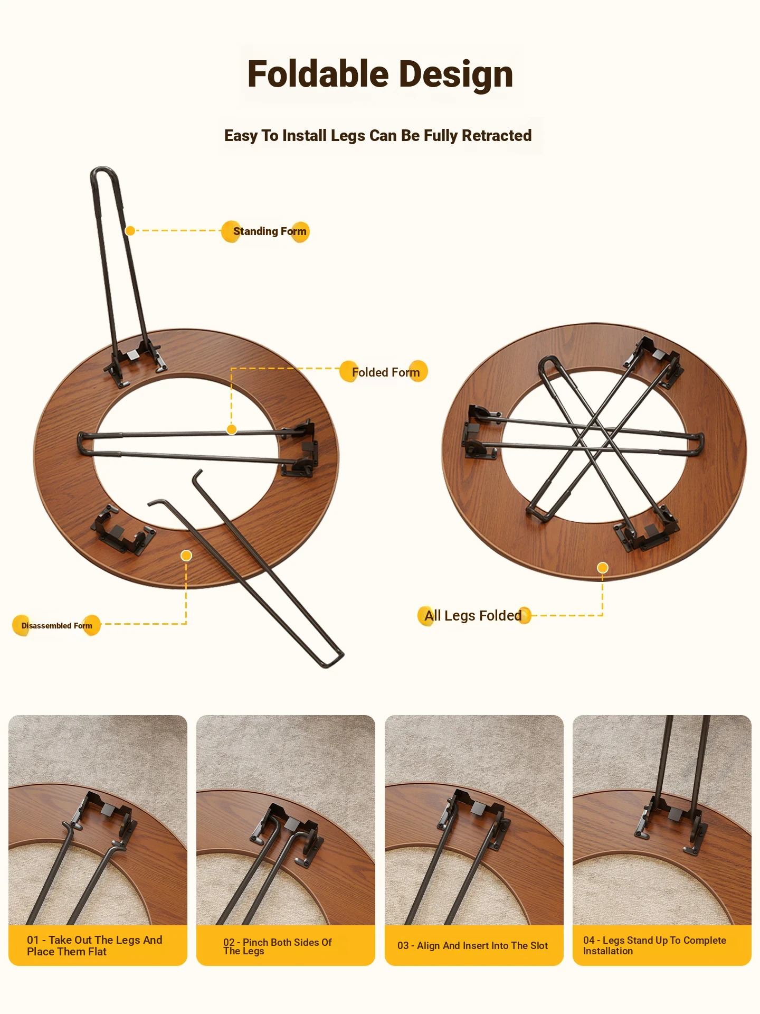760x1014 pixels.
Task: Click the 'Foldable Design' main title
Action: (380, 74)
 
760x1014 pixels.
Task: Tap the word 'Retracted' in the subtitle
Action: (497, 136)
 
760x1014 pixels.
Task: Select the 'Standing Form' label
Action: (270, 231)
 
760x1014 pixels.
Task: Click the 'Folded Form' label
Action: (386, 372)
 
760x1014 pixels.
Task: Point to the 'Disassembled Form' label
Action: (56, 626)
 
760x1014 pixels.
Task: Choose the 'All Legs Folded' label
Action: (473, 616)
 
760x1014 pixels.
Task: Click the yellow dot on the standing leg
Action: (130, 230)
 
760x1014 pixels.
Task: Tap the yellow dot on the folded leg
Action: (232, 429)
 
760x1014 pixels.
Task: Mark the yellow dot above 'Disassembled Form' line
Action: (186, 556)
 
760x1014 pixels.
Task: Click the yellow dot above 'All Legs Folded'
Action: (603, 568)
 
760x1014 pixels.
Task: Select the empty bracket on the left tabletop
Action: (122, 530)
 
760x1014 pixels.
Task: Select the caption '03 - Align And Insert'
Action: (473, 945)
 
